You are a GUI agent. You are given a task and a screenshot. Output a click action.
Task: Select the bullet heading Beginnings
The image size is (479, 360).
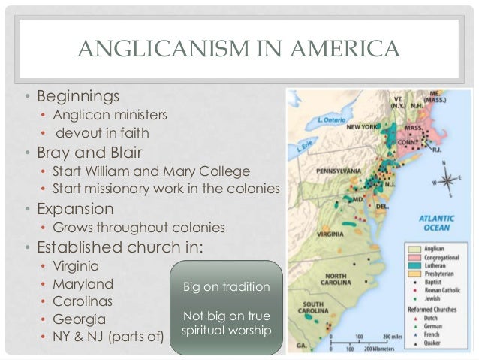pos(74,97)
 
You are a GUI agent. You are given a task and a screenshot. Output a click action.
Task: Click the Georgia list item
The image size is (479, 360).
pos(77,319)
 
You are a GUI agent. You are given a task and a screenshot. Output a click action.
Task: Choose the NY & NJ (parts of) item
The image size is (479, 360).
pos(108,336)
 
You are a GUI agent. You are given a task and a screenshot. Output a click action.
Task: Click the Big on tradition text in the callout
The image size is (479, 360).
pos(226,287)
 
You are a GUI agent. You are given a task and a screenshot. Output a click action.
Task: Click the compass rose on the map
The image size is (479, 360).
pos(447,181)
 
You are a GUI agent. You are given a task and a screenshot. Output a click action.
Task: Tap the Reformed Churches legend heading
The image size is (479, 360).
pos(434,309)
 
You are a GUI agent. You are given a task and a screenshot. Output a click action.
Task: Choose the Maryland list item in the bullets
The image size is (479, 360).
pos(83,284)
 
